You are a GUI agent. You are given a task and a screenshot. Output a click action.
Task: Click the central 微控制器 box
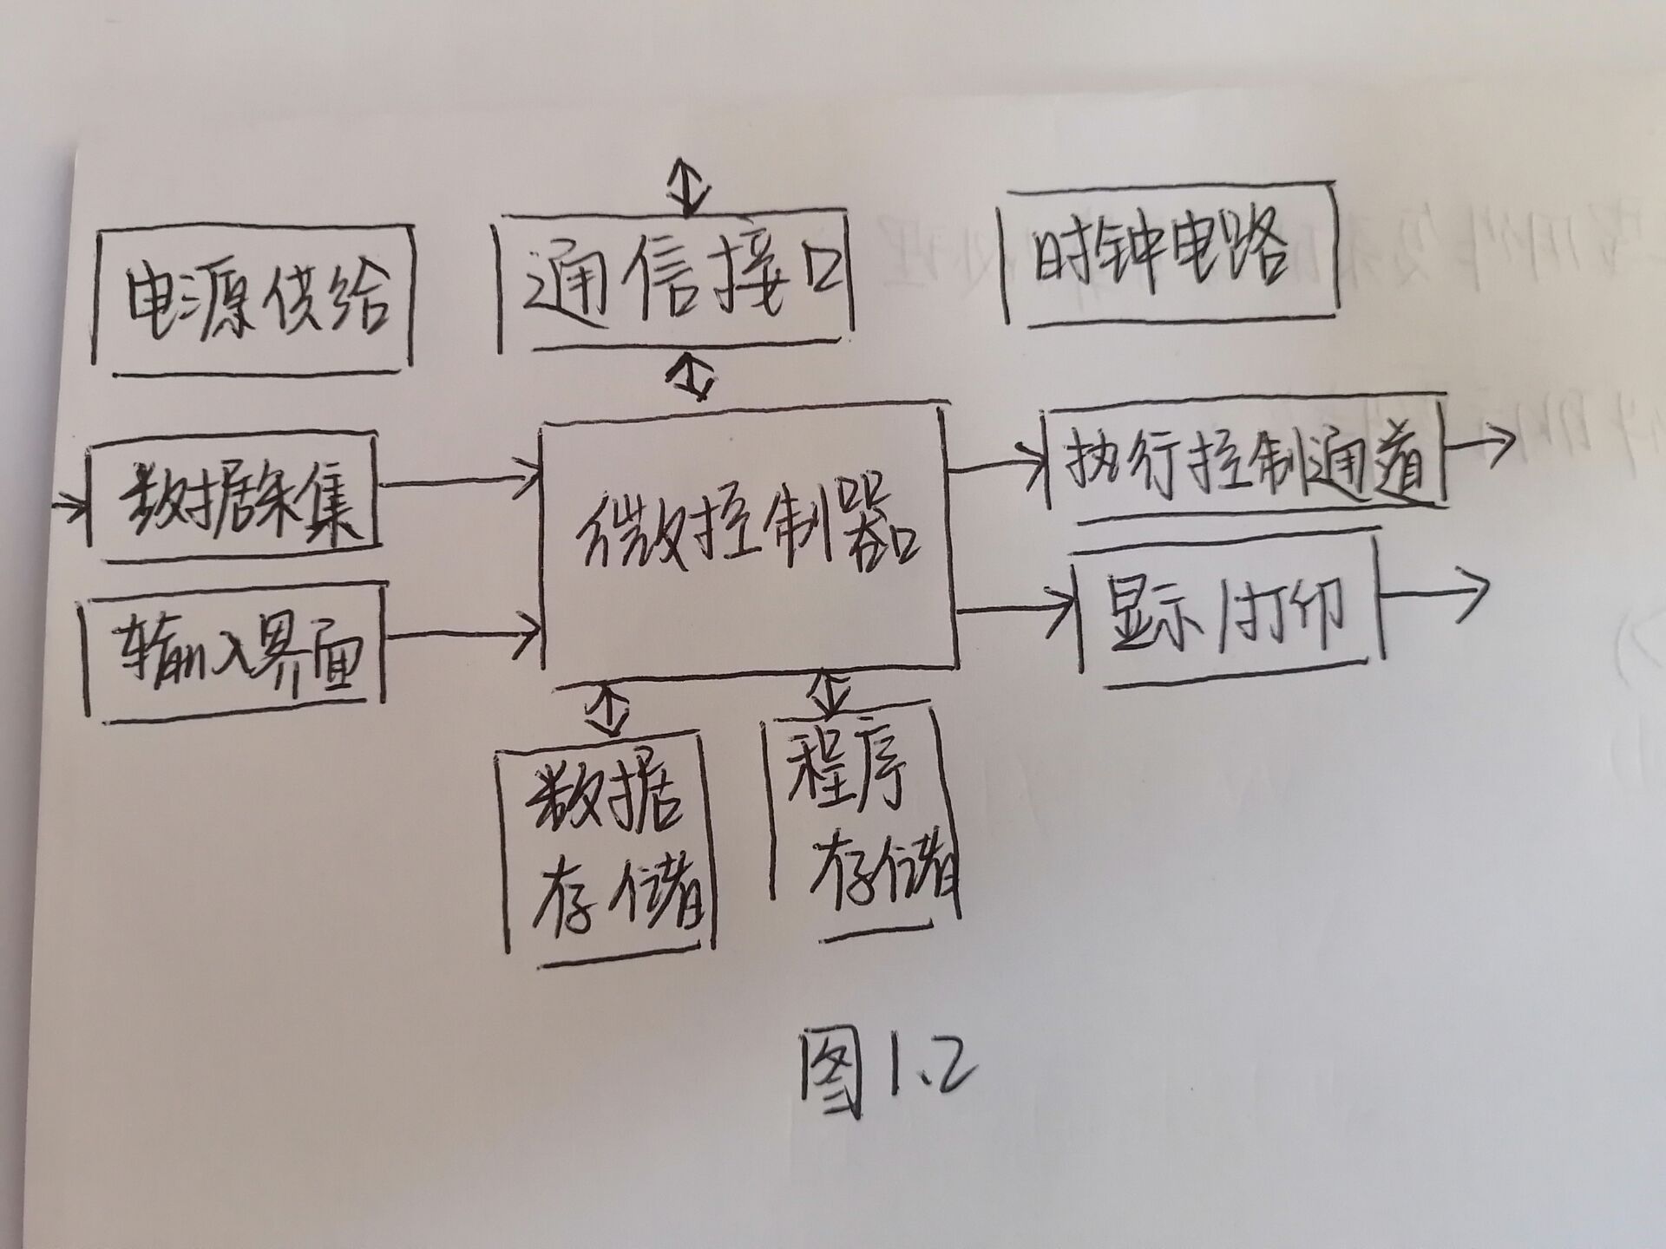coord(746,538)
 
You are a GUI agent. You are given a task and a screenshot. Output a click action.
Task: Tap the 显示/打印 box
coord(1228,611)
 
